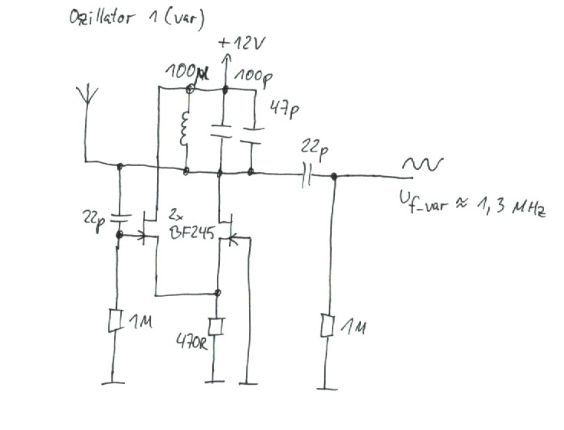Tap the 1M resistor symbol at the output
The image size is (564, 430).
click(x=331, y=326)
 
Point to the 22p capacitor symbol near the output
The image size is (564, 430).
click(x=308, y=176)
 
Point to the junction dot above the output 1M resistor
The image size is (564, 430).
click(x=333, y=177)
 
